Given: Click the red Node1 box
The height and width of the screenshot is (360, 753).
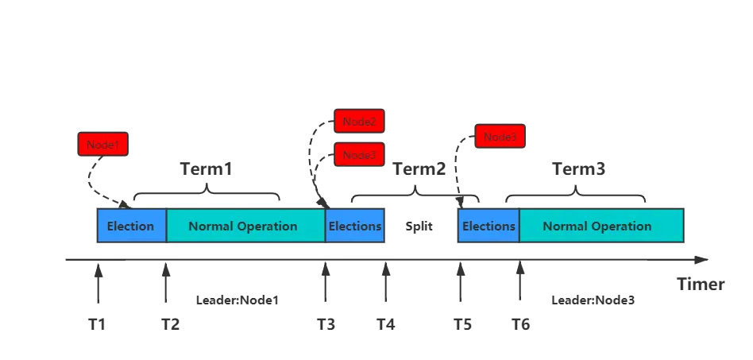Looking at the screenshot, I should (104, 145).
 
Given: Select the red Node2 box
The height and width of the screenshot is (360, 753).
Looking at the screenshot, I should (360, 122).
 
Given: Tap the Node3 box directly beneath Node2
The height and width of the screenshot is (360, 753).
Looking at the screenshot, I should (360, 155).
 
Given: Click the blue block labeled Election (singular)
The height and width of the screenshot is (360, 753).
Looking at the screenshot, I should (131, 226).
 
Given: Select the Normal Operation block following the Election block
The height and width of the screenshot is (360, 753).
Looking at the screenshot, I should (243, 226).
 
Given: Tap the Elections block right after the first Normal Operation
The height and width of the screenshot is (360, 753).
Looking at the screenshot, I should (355, 226).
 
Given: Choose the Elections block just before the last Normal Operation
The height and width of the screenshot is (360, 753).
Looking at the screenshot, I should (488, 226).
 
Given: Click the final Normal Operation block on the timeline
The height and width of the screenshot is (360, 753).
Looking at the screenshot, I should (597, 226).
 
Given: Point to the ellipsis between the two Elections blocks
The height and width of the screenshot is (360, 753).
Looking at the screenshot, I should (419, 227).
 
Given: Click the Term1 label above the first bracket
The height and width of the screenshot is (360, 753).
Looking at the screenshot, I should (207, 168).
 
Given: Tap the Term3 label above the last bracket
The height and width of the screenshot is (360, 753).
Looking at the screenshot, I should (580, 168).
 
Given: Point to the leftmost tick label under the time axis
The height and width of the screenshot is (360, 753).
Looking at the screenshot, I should (98, 324).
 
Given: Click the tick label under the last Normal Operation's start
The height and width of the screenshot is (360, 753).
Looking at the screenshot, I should (520, 324).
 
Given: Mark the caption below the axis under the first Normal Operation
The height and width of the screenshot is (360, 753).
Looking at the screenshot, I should (235, 299).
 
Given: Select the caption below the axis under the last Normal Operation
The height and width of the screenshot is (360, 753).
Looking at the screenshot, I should (591, 299).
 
